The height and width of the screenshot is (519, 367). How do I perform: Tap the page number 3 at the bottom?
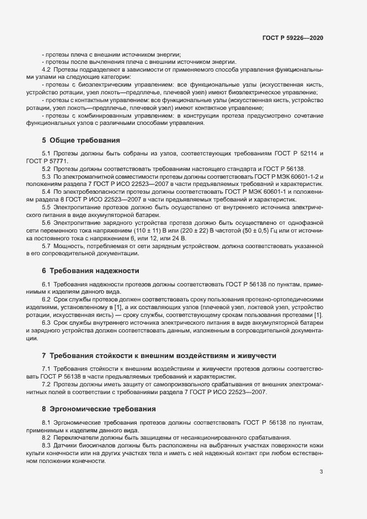point(321,472)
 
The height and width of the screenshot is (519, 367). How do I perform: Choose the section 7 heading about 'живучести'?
point(156,355)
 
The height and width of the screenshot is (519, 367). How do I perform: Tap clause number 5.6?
point(47,220)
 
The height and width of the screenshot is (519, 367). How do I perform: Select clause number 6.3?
point(47,323)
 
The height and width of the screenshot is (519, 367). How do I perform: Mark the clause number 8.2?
point(47,438)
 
